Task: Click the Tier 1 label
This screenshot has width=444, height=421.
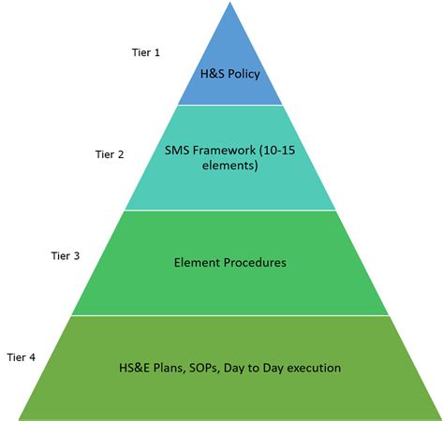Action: coord(146,52)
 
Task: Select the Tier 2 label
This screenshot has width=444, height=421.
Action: coord(110,154)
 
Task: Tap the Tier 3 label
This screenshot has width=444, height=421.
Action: coord(66,255)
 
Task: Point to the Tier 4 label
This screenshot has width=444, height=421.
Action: coord(21,357)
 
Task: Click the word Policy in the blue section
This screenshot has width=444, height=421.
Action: coord(244,74)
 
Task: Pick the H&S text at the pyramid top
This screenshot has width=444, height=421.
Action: coord(213,74)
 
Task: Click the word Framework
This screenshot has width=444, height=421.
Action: coord(224,151)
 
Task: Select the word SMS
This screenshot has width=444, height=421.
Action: coord(177,151)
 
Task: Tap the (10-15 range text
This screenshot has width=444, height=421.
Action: coord(277,151)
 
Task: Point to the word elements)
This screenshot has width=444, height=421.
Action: coord(230,166)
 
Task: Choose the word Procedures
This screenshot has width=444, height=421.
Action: coord(255,263)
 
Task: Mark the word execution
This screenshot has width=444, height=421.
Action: coord(314,368)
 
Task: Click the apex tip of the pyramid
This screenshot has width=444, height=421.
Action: coord(230,3)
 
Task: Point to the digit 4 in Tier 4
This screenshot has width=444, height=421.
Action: coord(32,357)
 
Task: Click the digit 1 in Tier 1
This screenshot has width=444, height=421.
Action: coord(157,52)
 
